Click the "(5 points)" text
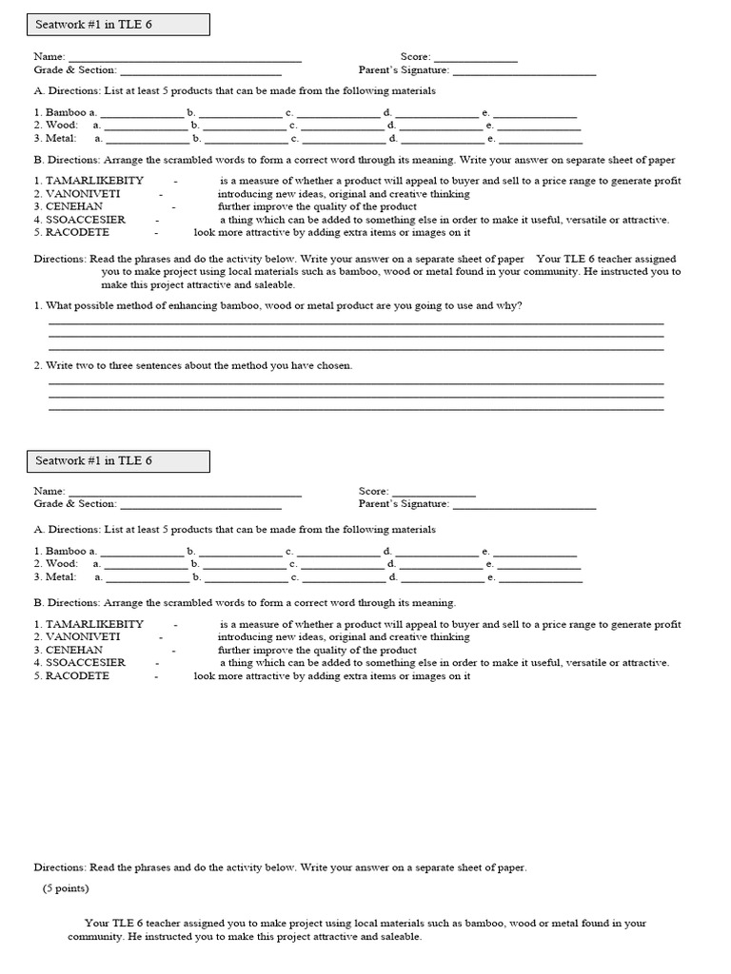click(66, 888)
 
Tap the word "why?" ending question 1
click(508, 305)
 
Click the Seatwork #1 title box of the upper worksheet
click(118, 25)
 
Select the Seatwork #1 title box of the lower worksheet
click(118, 461)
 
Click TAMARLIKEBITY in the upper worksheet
click(95, 181)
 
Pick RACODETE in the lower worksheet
click(77, 676)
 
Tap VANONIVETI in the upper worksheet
click(83, 194)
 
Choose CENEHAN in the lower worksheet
click(74, 651)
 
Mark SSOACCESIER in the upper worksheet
click(86, 220)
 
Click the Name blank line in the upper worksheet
click(185, 59)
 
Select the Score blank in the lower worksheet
click(433, 493)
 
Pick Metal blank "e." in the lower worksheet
click(540, 578)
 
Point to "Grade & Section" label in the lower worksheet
click(75, 504)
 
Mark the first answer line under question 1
click(356, 324)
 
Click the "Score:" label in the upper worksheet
click(416, 57)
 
